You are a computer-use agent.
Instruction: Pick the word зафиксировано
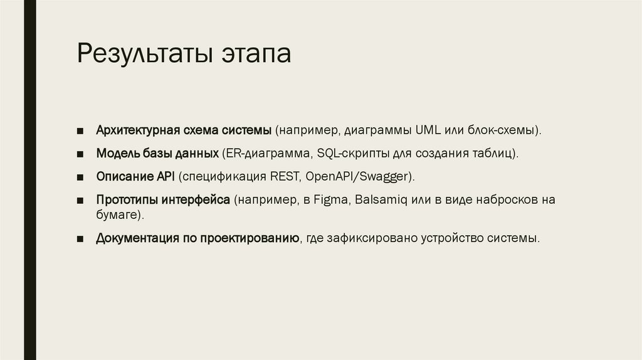377,238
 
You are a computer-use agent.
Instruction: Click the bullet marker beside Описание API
81,177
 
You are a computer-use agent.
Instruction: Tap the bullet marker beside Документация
81,239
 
